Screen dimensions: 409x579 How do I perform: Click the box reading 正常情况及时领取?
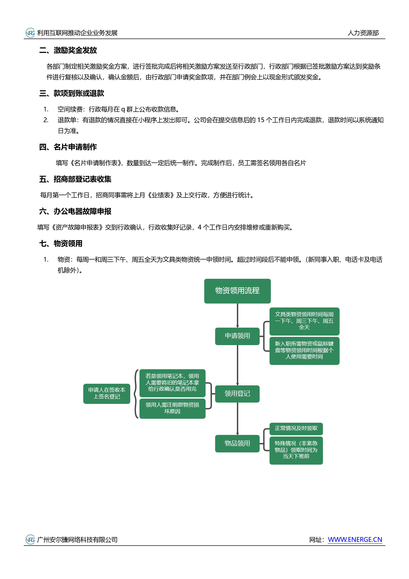pos(296,428)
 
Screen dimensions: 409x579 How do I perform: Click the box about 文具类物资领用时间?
pos(304,321)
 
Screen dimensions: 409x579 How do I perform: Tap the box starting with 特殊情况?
pos(296,450)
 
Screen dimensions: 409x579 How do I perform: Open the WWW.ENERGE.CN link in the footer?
pos(355,540)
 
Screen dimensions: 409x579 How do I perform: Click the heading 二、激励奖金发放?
pos(68,50)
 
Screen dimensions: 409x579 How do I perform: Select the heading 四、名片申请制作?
pos(68,147)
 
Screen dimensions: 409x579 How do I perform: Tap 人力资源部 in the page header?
pos(363,33)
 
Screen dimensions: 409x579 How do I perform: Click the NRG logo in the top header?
pos(30,33)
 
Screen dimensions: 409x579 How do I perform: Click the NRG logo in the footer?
pos(30,540)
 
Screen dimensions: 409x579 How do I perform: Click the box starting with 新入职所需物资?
pos(304,351)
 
